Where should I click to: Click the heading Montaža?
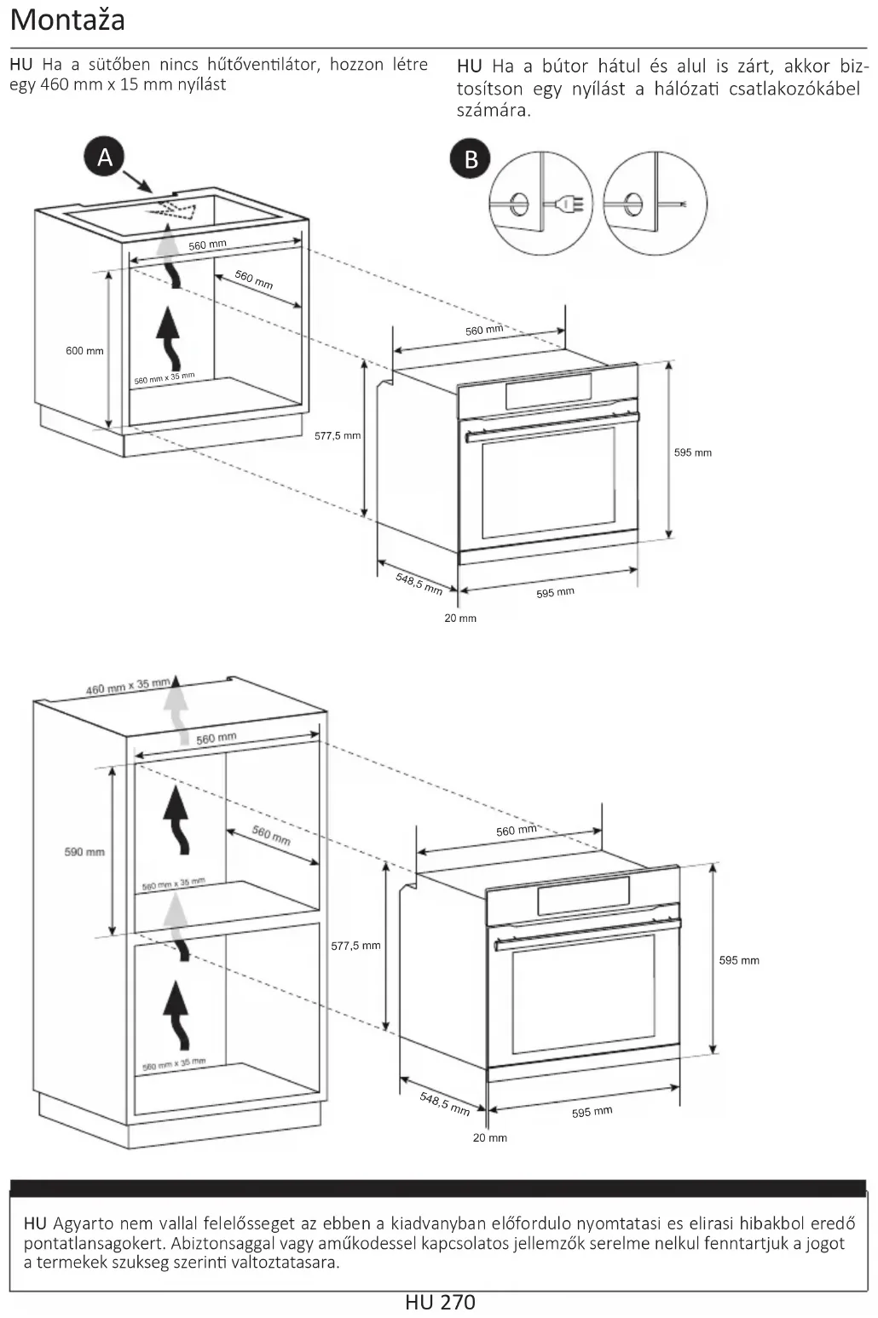pos(67,20)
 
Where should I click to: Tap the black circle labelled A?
pos(105,158)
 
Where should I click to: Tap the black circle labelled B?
pos(471,159)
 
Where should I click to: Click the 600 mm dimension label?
pos(84,351)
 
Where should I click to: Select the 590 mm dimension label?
pos(84,852)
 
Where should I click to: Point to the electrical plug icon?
pos(566,204)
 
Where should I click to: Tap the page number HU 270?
pos(440,1303)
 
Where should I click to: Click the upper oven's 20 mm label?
pos(460,618)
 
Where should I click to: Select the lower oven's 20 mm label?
pos(490,1137)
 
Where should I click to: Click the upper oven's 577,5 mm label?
pos(338,435)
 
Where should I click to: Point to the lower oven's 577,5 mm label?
pos(355,946)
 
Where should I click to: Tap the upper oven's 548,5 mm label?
pos(419,583)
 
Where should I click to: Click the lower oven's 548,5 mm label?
pos(444,1103)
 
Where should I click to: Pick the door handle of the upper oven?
pos(552,427)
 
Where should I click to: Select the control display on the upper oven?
pos(548,392)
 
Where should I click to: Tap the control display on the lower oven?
pos(583,895)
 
